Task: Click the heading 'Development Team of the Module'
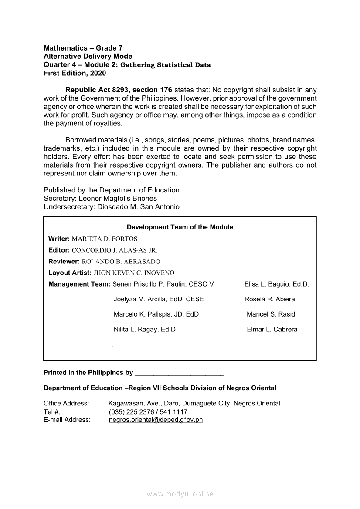(180, 227)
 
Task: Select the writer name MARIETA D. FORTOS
(104, 239)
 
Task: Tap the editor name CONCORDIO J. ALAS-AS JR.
(114, 250)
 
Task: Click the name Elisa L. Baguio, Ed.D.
(277, 284)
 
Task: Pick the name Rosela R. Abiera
(269, 299)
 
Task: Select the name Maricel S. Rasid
(271, 314)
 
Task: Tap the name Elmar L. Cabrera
(272, 330)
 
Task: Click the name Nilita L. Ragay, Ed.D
(144, 330)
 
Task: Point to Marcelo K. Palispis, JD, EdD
(156, 314)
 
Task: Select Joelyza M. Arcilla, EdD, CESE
(159, 299)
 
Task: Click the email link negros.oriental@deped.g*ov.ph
(156, 420)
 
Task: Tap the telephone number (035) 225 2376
(130, 412)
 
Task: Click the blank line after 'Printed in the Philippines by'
(180, 373)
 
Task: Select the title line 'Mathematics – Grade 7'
(80, 48)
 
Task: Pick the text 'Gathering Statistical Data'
(165, 65)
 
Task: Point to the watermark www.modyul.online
(180, 494)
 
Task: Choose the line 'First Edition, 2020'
(75, 74)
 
